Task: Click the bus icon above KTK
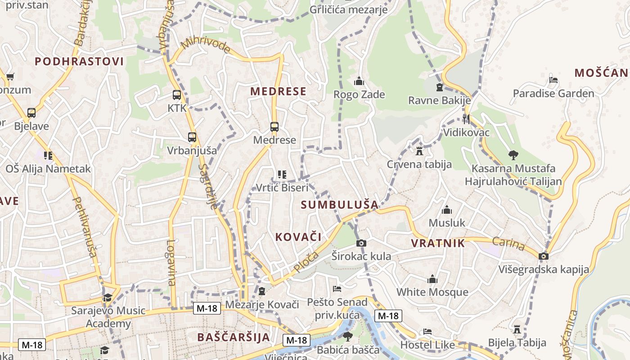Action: (x=177, y=95)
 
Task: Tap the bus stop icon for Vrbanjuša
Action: (x=192, y=137)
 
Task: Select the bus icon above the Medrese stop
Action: (x=274, y=126)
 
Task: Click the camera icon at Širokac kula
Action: (x=361, y=243)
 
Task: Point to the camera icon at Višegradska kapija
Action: (x=544, y=256)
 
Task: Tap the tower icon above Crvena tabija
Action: (x=419, y=151)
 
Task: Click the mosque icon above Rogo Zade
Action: (x=359, y=81)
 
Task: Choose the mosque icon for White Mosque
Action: (x=432, y=279)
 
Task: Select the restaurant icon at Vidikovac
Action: (x=466, y=119)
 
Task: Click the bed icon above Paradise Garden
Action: (x=553, y=80)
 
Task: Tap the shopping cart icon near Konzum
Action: (x=10, y=76)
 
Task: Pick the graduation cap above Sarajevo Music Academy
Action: (x=108, y=297)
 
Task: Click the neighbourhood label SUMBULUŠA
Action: (x=340, y=205)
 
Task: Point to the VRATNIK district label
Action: (x=438, y=243)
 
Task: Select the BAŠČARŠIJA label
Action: (x=234, y=337)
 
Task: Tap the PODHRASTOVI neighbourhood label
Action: (x=79, y=62)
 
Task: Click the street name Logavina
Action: (x=171, y=263)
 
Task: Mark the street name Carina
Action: (x=508, y=243)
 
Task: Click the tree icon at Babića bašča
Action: (x=347, y=336)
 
